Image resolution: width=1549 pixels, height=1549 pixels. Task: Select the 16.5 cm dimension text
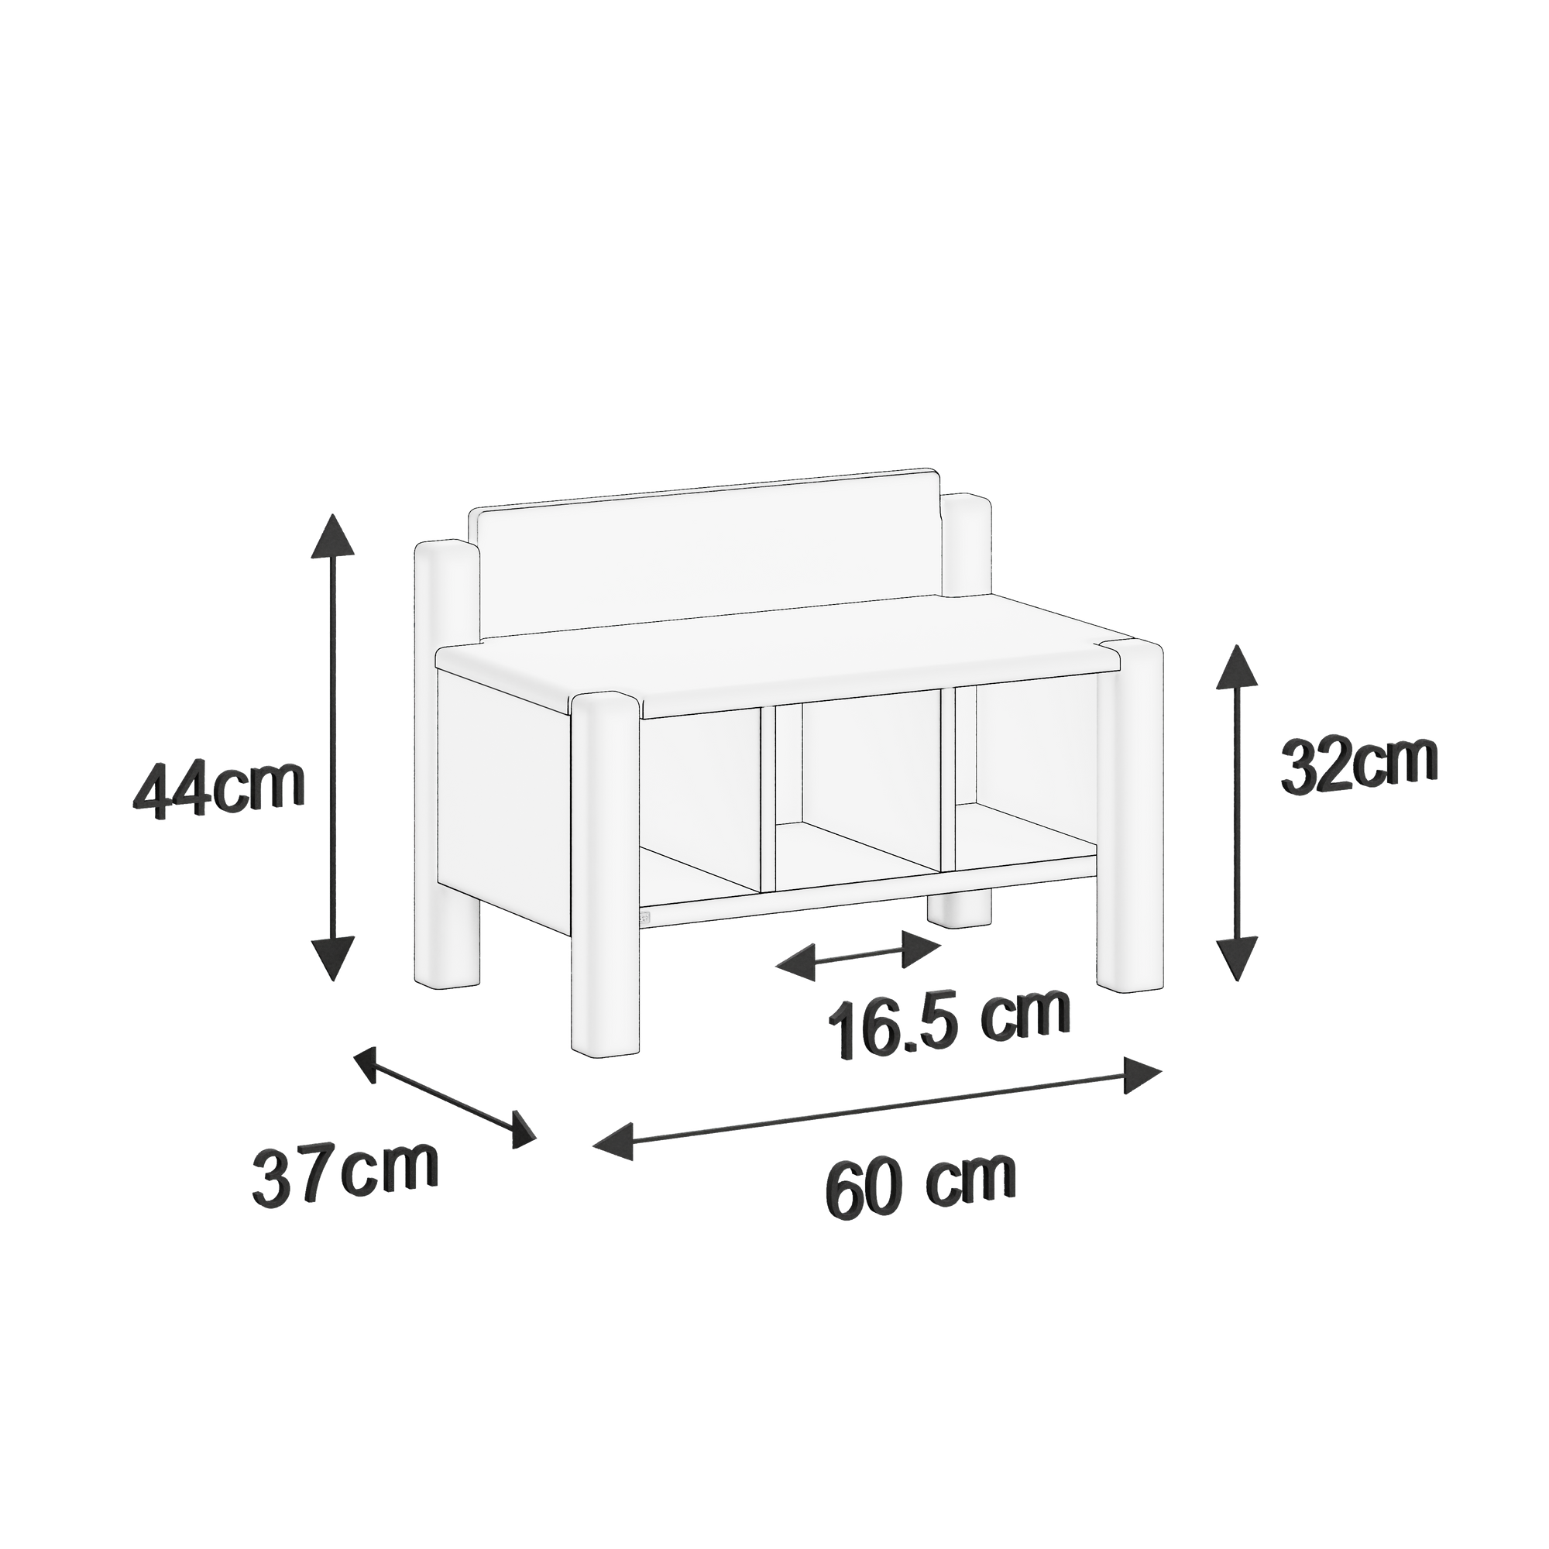click(x=950, y=1028)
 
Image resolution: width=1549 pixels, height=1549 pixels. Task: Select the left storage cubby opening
click(x=702, y=802)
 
